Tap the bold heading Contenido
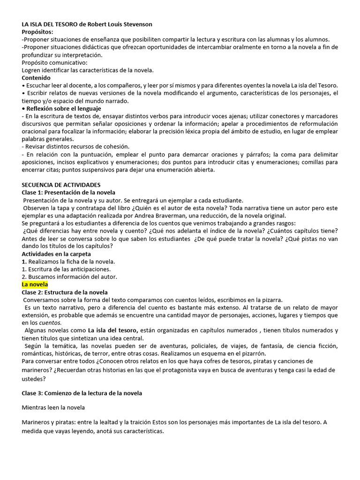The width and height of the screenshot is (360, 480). pos(36,78)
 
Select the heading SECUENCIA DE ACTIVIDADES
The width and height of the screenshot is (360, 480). pos(61,185)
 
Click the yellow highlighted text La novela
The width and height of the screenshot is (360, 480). pos(35,285)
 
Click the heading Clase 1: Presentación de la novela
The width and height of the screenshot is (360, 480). pos(68,193)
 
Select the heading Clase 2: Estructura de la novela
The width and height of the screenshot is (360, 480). pos(65,292)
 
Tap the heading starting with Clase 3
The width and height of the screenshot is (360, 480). pos(82,393)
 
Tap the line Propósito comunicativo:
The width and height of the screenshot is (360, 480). pos(54,62)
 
